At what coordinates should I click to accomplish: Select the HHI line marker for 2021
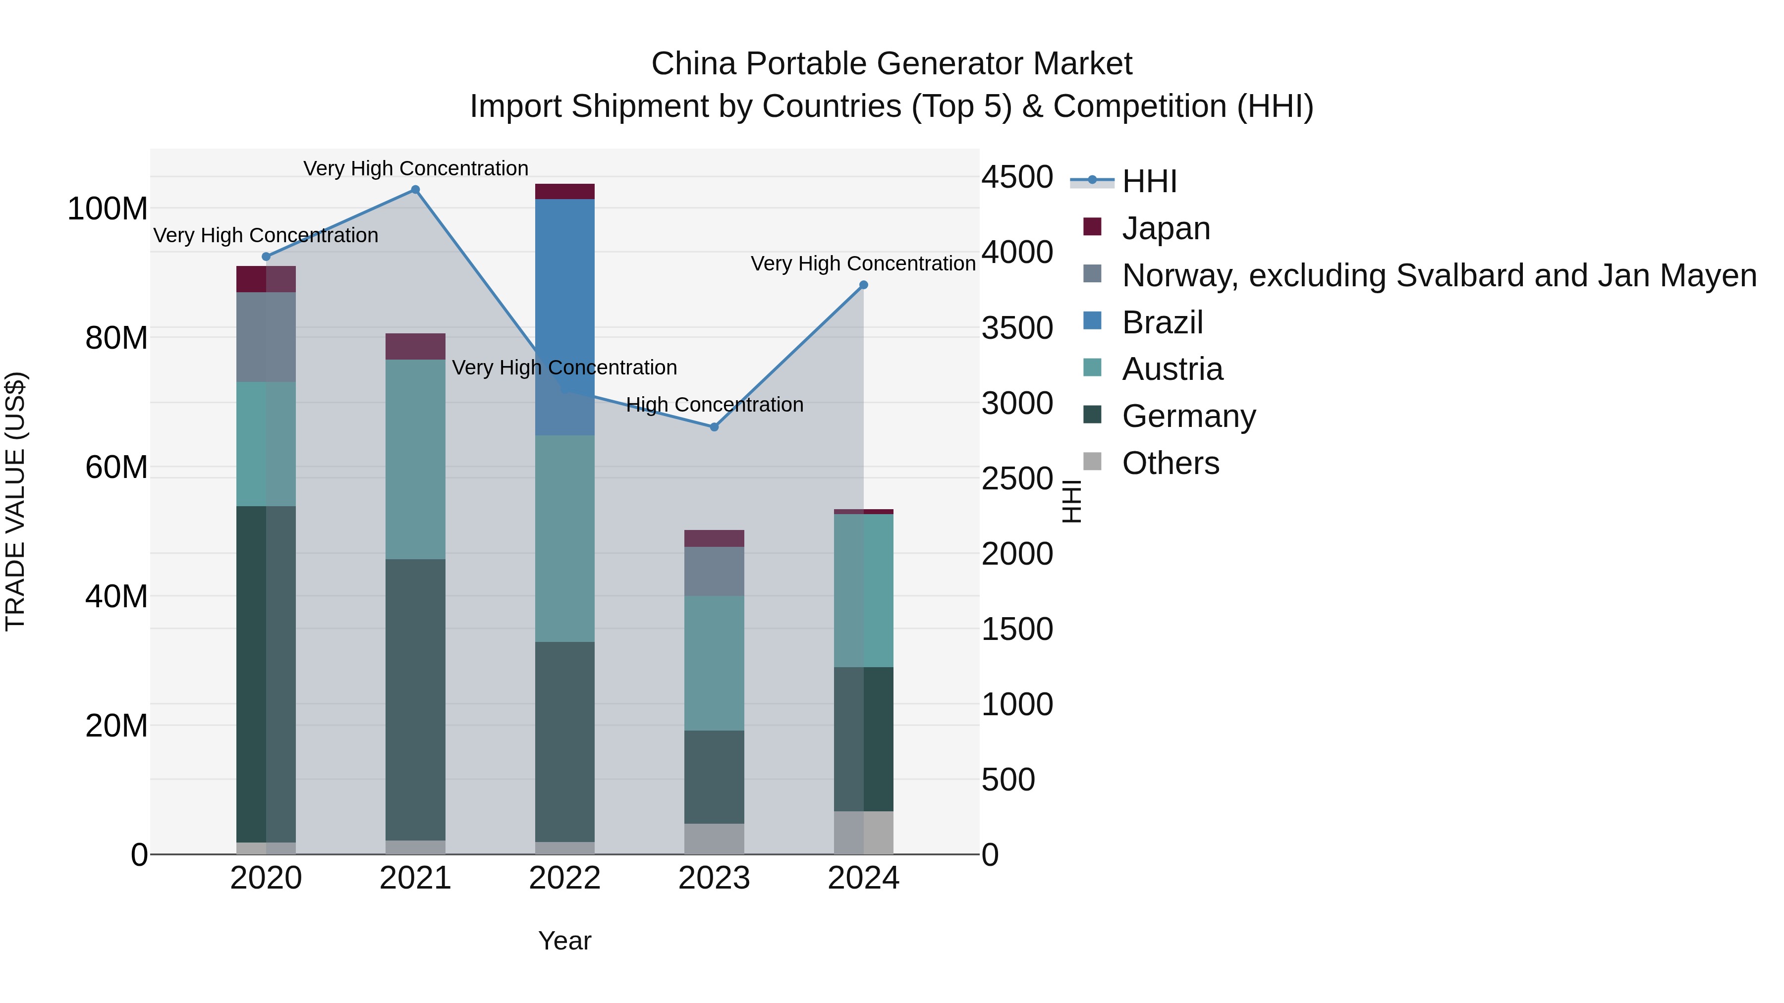click(416, 190)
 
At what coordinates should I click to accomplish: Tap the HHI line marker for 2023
click(714, 427)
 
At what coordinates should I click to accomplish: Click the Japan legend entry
click(1166, 228)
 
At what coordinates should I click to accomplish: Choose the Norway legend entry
click(1439, 275)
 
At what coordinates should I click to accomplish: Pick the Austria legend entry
click(1172, 369)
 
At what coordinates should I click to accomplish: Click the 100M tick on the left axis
click(108, 209)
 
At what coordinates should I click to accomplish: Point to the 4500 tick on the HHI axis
click(1017, 177)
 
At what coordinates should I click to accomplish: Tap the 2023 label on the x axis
click(714, 878)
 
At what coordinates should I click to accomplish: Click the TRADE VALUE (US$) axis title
click(15, 501)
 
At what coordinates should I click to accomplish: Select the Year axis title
click(564, 941)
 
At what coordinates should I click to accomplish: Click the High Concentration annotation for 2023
click(714, 405)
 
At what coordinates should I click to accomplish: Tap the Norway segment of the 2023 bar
click(714, 571)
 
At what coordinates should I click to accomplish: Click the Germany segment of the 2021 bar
click(416, 699)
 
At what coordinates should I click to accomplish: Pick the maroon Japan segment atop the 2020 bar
click(266, 279)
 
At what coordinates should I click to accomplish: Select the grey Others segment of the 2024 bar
click(864, 832)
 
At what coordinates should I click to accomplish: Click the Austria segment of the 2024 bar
click(864, 590)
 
